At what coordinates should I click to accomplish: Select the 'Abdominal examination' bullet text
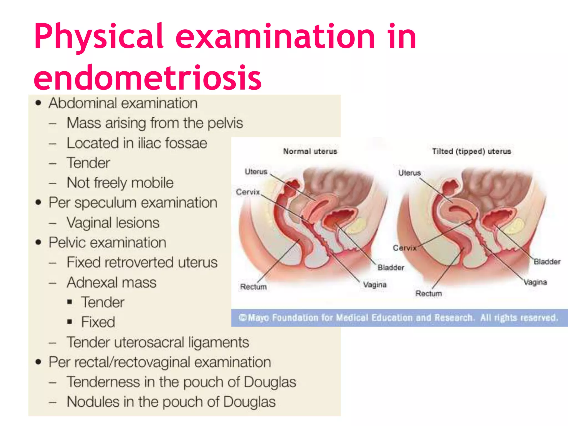[x=123, y=103]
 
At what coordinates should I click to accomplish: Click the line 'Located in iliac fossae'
[x=137, y=143]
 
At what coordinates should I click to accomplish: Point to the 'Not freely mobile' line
[x=120, y=183]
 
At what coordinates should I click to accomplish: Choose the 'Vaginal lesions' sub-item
[x=113, y=223]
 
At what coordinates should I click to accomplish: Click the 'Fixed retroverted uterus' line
[x=142, y=262]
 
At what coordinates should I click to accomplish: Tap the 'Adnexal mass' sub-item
[x=112, y=282]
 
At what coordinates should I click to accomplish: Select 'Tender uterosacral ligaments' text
[x=158, y=343]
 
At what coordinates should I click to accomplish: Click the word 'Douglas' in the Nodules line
[x=249, y=402]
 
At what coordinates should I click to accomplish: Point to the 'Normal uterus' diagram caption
[x=310, y=151]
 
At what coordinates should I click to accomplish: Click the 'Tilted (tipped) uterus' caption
[x=471, y=151]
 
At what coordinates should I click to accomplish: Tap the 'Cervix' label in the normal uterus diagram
[x=248, y=192]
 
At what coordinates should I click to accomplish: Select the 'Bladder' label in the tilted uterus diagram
[x=547, y=262]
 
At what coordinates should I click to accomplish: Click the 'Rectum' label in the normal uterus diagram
[x=253, y=286]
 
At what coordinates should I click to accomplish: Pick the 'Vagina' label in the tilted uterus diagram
[x=535, y=282]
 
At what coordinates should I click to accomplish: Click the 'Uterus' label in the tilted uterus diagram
[x=410, y=173]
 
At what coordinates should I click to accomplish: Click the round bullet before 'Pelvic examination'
[x=38, y=242]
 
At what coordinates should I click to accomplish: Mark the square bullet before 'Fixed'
[x=70, y=322]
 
